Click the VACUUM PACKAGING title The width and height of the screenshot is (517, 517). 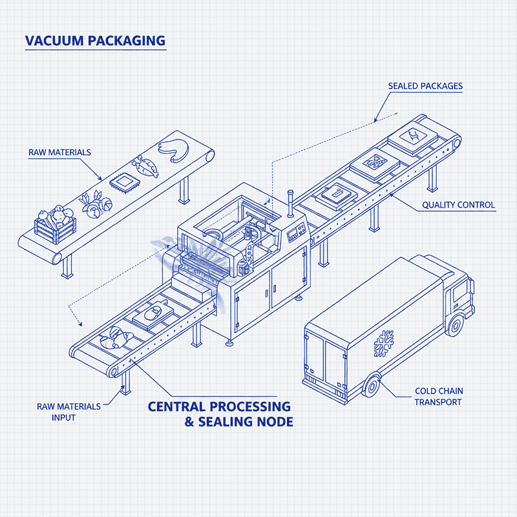pos(95,41)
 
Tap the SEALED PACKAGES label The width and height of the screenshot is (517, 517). pos(425,86)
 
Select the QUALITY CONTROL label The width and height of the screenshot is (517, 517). pos(458,206)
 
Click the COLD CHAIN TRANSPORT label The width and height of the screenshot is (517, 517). pos(439,397)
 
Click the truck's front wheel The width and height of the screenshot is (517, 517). pos(456,325)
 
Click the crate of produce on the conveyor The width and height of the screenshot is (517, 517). pos(55,224)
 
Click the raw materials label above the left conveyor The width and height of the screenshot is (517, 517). pos(59,153)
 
